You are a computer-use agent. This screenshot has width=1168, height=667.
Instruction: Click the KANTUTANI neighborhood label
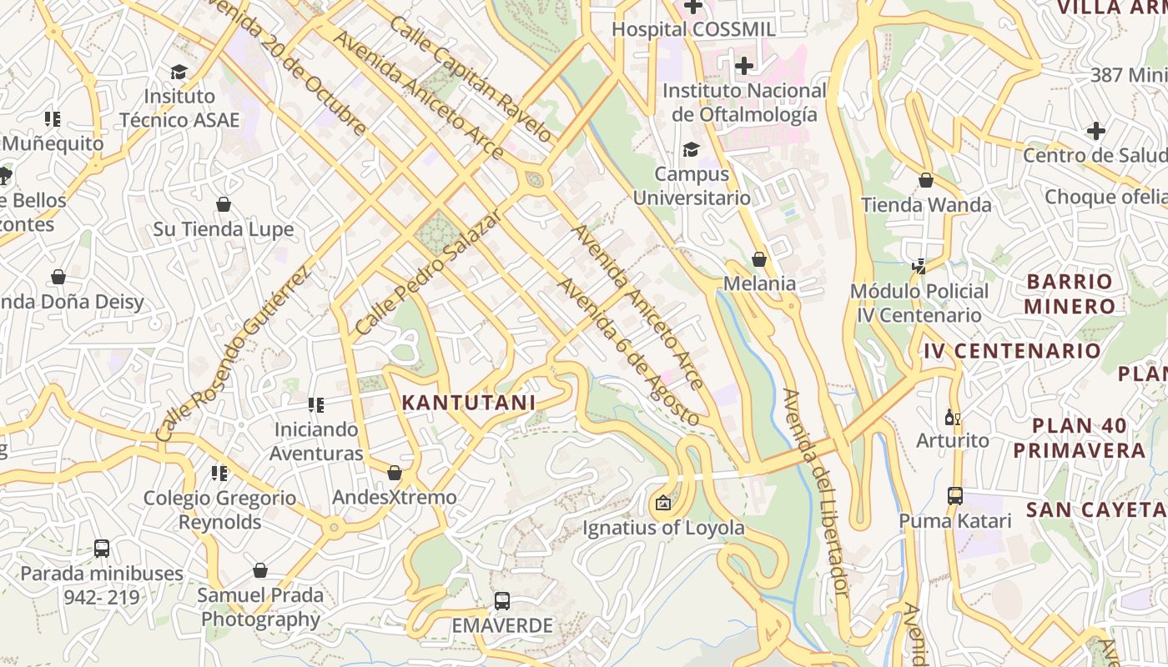point(468,403)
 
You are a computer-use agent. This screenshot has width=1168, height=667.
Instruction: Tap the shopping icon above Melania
point(759,260)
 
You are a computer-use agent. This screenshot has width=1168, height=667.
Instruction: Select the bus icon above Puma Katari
point(955,496)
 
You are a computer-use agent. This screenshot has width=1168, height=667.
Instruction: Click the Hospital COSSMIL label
point(693,29)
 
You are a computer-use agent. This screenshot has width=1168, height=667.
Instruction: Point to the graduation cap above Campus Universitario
point(691,150)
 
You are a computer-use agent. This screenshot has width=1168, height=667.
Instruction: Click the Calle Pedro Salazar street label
point(429,273)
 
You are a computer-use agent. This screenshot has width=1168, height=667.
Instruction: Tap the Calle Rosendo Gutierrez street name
point(233,354)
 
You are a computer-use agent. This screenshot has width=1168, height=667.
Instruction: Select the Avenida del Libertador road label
point(817,493)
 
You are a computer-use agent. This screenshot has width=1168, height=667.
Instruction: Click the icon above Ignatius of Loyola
point(663,503)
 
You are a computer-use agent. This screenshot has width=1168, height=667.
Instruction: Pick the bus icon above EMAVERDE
point(502,600)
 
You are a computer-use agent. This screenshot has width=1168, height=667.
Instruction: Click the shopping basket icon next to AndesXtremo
point(395,474)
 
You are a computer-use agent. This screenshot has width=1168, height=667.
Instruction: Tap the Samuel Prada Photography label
point(260,607)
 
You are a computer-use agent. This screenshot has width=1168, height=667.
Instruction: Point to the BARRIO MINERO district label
point(1070,293)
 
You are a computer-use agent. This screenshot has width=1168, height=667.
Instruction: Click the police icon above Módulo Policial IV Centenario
point(919,267)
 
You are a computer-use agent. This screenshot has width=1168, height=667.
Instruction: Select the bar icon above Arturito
point(952,416)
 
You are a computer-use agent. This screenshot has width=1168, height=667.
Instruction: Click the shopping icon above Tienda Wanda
point(926,180)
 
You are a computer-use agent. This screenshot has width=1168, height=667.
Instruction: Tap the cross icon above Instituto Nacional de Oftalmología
point(744,66)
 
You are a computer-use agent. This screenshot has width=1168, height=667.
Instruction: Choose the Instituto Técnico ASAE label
point(179,108)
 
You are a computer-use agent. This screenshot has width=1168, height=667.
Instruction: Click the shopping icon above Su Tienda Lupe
point(224,204)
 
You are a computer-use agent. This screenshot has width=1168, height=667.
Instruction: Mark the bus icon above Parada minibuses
point(102,549)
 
